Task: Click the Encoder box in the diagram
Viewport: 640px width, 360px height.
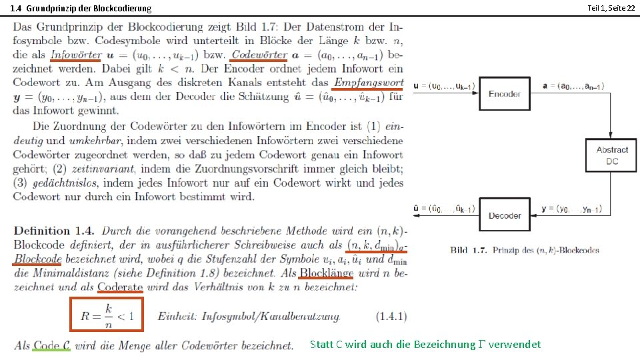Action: click(x=505, y=93)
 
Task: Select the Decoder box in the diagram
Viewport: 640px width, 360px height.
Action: click(x=505, y=215)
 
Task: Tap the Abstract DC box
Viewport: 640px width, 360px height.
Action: click(x=611, y=155)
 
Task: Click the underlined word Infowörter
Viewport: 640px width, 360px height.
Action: click(x=76, y=55)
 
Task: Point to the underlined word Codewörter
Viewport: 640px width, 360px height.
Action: click(x=261, y=55)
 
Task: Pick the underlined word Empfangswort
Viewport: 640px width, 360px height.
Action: click(x=368, y=83)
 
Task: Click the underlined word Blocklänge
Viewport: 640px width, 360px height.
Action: click(x=326, y=273)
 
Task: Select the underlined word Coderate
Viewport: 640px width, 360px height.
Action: click(x=120, y=287)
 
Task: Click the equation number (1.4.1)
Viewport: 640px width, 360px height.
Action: click(x=391, y=316)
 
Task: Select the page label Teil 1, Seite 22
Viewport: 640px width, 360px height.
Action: click(x=610, y=7)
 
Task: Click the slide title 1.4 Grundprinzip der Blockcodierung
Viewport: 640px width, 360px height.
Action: click(x=81, y=8)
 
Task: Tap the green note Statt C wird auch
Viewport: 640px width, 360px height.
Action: click(x=425, y=344)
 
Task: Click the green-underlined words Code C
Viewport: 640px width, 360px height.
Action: click(x=52, y=345)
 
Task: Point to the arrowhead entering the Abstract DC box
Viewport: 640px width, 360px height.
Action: click(x=611, y=135)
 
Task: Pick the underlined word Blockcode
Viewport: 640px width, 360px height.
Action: click(x=38, y=259)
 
